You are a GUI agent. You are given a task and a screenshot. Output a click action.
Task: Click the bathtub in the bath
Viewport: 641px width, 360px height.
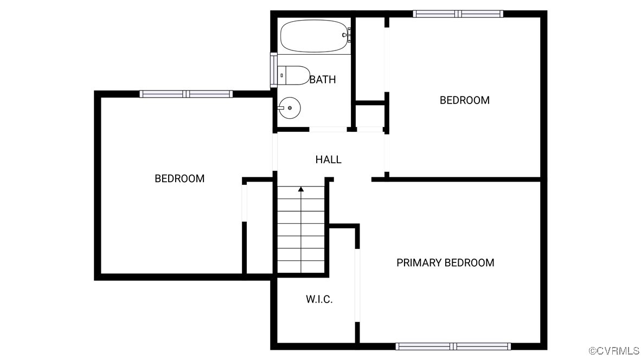pyautogui.click(x=313, y=36)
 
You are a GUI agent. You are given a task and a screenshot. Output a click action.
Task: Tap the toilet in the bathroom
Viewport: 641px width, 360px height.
pyautogui.click(x=293, y=75)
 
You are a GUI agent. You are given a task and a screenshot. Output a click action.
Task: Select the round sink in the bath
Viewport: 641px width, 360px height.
pyautogui.click(x=290, y=108)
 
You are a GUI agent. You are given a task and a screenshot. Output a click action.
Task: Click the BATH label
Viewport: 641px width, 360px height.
pyautogui.click(x=323, y=80)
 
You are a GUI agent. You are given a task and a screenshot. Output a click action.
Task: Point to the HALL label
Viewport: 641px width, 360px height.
pyautogui.click(x=328, y=159)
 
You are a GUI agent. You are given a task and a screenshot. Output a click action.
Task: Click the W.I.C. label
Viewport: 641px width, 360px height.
pyautogui.click(x=319, y=299)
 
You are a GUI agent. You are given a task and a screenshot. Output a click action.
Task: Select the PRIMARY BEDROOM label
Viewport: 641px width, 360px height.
pyautogui.click(x=445, y=263)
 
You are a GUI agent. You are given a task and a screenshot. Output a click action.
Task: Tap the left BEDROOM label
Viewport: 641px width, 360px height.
pyautogui.click(x=180, y=178)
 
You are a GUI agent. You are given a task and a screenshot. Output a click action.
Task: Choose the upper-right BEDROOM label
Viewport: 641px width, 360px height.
pyautogui.click(x=464, y=100)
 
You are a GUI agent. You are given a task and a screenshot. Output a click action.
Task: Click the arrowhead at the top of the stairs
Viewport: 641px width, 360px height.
pyautogui.click(x=301, y=189)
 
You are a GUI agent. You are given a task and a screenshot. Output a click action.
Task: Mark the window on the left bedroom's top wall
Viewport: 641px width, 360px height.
pyautogui.click(x=186, y=94)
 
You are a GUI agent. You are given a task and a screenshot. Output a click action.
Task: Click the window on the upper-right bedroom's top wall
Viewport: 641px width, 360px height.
pyautogui.click(x=458, y=14)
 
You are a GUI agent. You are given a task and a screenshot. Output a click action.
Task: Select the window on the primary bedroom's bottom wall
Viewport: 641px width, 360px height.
pyautogui.click(x=453, y=346)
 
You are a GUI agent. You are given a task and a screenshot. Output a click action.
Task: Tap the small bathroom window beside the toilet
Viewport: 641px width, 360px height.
pyautogui.click(x=274, y=69)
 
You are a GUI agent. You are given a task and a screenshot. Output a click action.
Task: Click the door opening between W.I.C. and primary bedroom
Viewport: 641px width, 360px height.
pyautogui.click(x=357, y=285)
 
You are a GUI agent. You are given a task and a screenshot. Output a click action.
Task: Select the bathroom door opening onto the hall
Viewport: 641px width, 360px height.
pyautogui.click(x=328, y=130)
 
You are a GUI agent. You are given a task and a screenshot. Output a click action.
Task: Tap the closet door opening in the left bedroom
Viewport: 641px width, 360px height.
pyautogui.click(x=245, y=203)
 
